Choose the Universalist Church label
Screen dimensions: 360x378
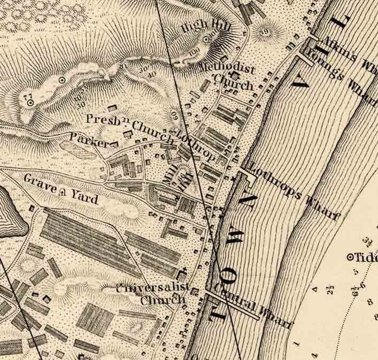pyautogui.click(x=153, y=293)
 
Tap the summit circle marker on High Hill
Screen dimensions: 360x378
pyautogui.click(x=206, y=40)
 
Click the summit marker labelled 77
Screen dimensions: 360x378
pyautogui.click(x=30, y=102)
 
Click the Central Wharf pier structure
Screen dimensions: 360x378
pyautogui.click(x=235, y=304)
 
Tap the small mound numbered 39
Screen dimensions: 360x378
pyautogui.click(x=263, y=30)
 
